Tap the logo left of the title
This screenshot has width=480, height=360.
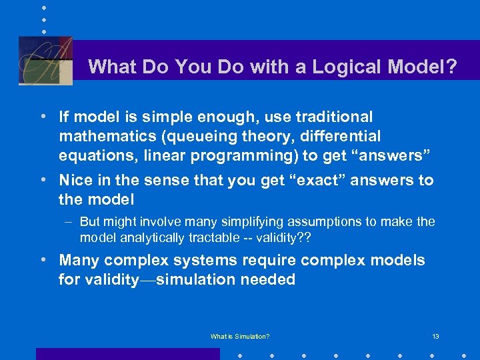coord(45,60)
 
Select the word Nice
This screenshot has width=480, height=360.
coord(75,180)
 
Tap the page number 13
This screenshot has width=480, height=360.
coord(435,337)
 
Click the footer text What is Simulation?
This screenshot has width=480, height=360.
coord(240,337)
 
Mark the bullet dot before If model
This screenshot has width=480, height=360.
coord(43,117)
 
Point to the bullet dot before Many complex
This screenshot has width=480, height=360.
coord(43,260)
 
